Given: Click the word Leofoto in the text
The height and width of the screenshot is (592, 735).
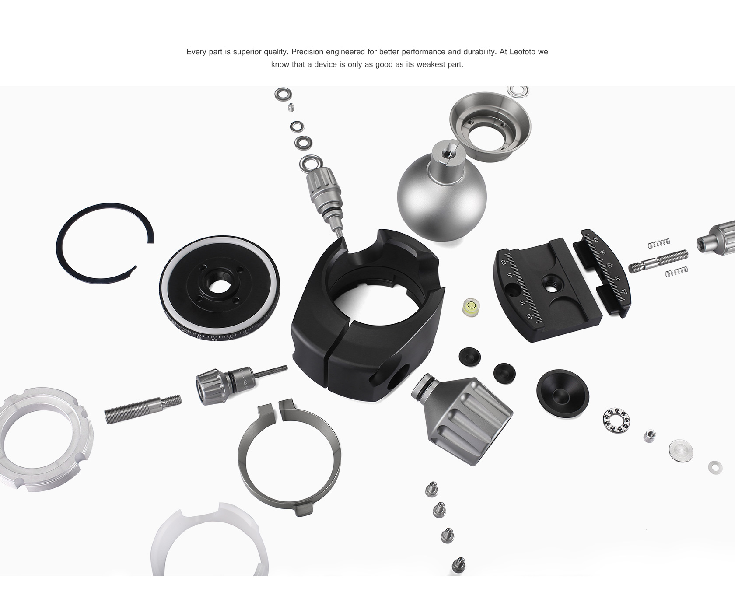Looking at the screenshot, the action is coord(523,52).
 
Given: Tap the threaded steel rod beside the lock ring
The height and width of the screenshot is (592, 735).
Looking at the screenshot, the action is coord(143,409).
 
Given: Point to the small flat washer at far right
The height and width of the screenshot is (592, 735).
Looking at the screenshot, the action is coord(715,467).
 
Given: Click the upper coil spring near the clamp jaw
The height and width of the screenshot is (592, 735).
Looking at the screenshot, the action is coord(659,243).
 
